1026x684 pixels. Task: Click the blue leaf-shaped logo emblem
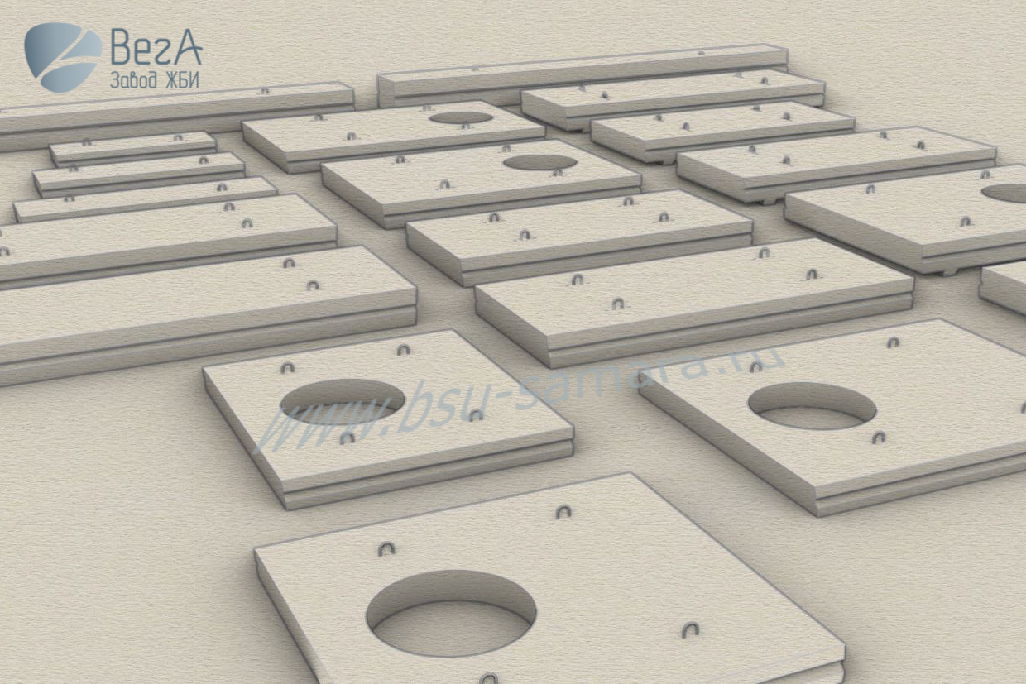click(x=63, y=57)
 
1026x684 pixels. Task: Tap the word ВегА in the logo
click(x=156, y=46)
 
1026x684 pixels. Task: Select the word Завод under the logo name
click(x=133, y=80)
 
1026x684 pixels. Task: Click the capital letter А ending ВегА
click(x=187, y=46)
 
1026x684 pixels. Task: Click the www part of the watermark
click(x=321, y=421)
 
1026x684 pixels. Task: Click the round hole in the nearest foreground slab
click(x=451, y=613)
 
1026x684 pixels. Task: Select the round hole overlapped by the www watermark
click(x=343, y=401)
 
